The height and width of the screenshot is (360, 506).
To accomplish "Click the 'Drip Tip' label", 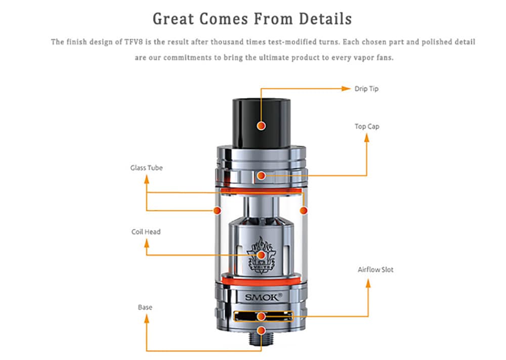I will click(366, 89).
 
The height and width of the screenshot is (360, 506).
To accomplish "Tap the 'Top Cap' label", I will click(366, 126).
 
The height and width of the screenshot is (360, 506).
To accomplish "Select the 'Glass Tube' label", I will click(146, 168).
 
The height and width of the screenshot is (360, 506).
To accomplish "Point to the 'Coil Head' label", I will click(146, 232).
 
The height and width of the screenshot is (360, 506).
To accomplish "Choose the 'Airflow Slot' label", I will click(375, 269).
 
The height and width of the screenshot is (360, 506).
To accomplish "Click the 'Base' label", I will click(145, 307).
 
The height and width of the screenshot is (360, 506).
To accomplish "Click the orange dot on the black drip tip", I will click(261, 125).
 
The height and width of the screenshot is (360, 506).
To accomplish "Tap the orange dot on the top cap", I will click(261, 176).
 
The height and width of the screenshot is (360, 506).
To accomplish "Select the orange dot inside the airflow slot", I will click(261, 316).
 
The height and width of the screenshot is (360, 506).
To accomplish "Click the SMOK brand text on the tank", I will click(261, 297).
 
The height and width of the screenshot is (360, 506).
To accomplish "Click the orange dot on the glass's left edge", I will click(218, 210).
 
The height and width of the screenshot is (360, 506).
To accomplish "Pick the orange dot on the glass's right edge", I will click(304, 210).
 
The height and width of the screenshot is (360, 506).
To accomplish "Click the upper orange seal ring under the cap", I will click(261, 190).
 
